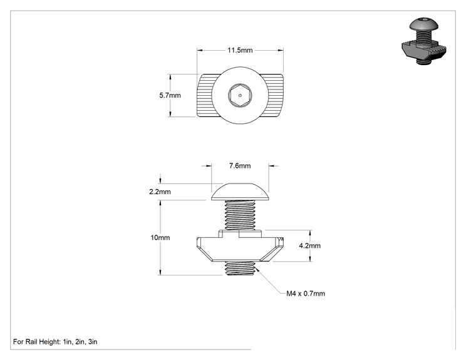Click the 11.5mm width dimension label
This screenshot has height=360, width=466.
[x=240, y=50]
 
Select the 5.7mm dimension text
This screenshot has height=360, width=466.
[x=170, y=95]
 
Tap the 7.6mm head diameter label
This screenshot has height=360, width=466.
[x=240, y=166]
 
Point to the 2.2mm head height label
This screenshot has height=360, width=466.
[x=160, y=192]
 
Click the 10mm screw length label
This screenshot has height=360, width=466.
[x=160, y=238]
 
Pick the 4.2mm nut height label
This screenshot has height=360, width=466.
[x=309, y=245]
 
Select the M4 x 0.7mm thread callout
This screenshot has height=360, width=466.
[x=306, y=294]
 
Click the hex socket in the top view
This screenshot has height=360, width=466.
[x=240, y=95]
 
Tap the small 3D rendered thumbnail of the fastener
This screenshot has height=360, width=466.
[x=424, y=41]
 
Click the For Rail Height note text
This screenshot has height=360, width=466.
[x=55, y=342]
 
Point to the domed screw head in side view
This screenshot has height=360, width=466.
[x=240, y=192]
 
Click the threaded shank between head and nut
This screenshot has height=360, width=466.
[x=240, y=215]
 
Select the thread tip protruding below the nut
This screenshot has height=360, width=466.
[x=240, y=269]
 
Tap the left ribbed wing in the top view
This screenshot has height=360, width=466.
[x=205, y=95]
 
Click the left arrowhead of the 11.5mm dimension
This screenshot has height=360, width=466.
[x=200, y=50]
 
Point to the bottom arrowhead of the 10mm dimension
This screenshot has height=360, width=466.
[x=160, y=272]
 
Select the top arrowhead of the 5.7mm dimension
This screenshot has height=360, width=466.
[x=170, y=77]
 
